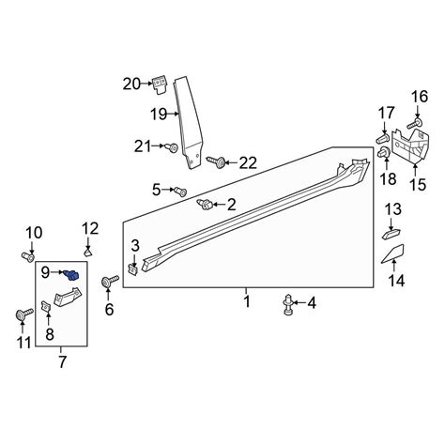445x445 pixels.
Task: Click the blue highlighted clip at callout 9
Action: [x=71, y=275]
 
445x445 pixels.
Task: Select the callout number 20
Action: [x=131, y=84]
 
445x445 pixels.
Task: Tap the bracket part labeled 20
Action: [x=160, y=84]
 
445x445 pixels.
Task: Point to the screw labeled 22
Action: [x=216, y=161]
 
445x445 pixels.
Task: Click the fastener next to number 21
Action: [x=172, y=147]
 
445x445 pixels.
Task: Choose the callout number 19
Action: [x=159, y=114]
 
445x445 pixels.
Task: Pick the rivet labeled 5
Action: [x=180, y=191]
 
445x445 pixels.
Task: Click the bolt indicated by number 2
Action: [x=205, y=205]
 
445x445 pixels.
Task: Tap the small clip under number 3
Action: [x=133, y=269]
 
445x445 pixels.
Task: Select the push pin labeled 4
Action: [x=288, y=305]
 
